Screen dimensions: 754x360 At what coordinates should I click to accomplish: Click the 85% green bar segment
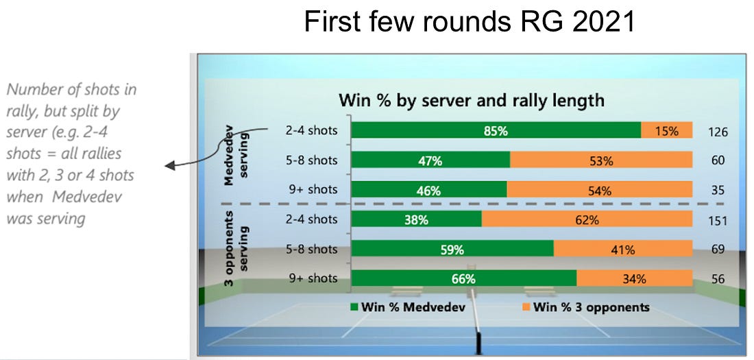click(496, 130)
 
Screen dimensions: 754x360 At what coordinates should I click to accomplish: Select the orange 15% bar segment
click(666, 130)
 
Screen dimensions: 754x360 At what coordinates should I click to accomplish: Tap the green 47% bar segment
click(430, 160)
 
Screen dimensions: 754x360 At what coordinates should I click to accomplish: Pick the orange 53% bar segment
click(601, 160)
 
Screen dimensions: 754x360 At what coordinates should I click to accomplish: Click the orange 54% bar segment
click(600, 190)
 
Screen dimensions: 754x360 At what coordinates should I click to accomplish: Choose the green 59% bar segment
click(452, 249)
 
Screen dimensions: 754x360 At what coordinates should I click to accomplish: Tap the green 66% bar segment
click(464, 278)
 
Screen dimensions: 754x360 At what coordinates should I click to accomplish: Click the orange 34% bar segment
click(634, 278)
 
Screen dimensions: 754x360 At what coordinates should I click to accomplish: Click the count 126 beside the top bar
click(718, 132)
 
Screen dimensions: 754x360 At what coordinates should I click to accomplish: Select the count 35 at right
click(718, 191)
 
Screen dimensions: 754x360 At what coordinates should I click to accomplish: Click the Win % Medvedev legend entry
click(409, 307)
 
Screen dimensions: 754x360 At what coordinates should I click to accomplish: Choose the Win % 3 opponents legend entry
click(586, 307)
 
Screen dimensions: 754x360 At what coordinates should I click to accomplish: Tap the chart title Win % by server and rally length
click(472, 101)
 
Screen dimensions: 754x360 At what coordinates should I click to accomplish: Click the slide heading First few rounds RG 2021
click(469, 21)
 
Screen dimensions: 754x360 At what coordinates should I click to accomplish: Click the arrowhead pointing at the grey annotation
click(169, 165)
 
